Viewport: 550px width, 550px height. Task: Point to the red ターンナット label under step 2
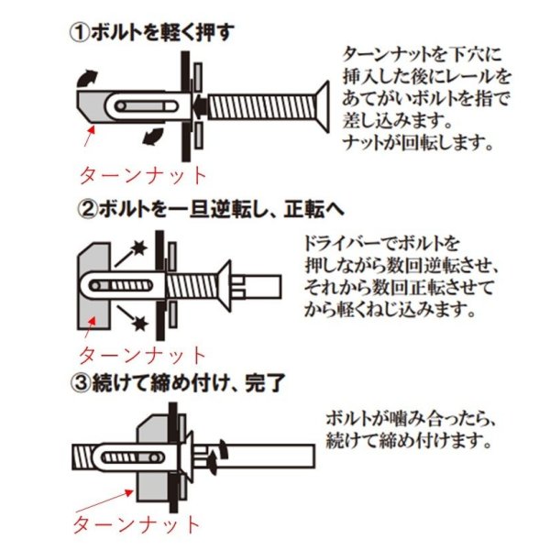[x=142, y=354]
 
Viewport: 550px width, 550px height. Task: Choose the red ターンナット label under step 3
[x=135, y=524]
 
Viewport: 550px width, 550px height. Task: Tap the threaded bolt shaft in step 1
[x=257, y=106]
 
